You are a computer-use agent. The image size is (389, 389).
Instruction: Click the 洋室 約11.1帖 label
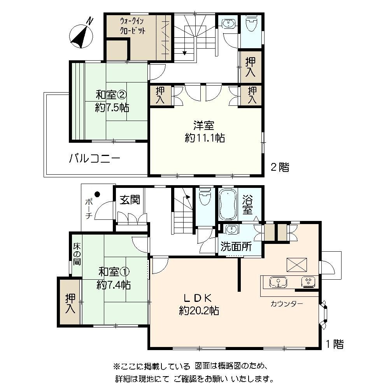[205, 131]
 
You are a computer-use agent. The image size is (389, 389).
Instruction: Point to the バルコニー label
[95, 159]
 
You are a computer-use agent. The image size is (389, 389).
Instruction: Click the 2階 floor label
[280, 168]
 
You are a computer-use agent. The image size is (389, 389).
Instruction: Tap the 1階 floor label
[335, 344]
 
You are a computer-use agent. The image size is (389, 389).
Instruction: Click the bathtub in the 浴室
[229, 205]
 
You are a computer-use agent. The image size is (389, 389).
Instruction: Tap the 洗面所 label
[236, 246]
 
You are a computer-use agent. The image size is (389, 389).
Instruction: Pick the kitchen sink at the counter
[278, 282]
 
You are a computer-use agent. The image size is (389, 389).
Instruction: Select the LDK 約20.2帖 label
[199, 304]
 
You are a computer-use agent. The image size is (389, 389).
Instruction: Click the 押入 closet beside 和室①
[70, 304]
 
